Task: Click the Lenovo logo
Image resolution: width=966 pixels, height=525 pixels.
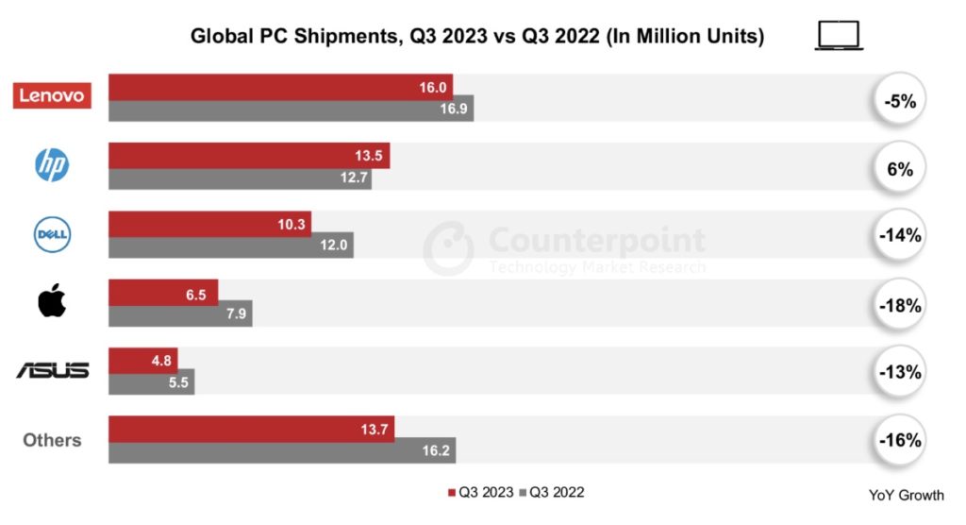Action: pyautogui.click(x=52, y=95)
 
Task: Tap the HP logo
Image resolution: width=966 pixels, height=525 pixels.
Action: pyautogui.click(x=52, y=165)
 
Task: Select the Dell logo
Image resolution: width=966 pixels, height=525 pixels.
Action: pyautogui.click(x=53, y=234)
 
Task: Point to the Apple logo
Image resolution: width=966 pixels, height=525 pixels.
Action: pyautogui.click(x=52, y=302)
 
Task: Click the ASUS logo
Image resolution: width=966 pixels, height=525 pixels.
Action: pyautogui.click(x=52, y=370)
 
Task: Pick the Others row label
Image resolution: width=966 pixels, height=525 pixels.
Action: pyautogui.click(x=52, y=440)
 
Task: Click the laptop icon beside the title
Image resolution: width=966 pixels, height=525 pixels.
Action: pyautogui.click(x=839, y=36)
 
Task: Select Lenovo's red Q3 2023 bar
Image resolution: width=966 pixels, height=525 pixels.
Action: pyautogui.click(x=280, y=87)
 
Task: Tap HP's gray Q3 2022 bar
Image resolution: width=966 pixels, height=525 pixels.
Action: pyautogui.click(x=240, y=178)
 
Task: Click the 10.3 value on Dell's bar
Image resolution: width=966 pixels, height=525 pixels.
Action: pyautogui.click(x=289, y=224)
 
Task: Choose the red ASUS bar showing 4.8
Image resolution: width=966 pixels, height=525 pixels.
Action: pyautogui.click(x=142, y=360)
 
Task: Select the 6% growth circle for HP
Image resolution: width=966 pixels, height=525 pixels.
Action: pyautogui.click(x=899, y=168)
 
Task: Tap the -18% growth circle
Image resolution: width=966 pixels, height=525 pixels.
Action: pyautogui.click(x=899, y=305)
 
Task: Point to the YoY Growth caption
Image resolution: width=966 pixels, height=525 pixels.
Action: pyautogui.click(x=906, y=496)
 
